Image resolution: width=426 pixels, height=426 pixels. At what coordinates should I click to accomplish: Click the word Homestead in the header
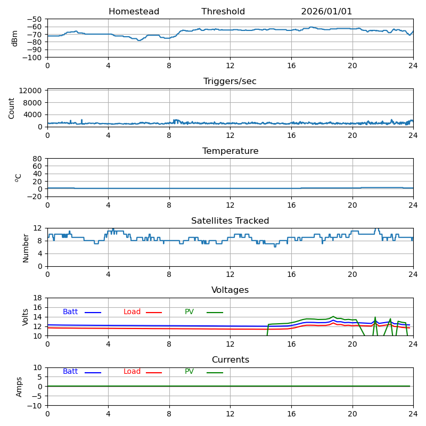pos(134,12)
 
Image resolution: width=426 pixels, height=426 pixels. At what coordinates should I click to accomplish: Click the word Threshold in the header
pos(223,12)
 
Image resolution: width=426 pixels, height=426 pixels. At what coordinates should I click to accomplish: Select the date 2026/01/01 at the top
pos(326,12)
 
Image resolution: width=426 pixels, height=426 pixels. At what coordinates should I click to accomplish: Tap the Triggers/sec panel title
pos(230,81)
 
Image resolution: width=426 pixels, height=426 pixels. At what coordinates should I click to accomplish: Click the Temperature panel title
pos(230,151)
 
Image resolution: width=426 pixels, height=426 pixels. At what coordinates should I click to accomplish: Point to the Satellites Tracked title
pos(230,221)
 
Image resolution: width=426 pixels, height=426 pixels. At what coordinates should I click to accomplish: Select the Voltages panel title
pos(230,290)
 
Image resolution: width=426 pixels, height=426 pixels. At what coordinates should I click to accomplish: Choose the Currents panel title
pos(230,360)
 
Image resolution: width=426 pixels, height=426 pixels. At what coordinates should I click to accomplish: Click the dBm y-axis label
pos(15,38)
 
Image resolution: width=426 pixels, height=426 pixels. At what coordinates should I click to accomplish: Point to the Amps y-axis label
pos(19,387)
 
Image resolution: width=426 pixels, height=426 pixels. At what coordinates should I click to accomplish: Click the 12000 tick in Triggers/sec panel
pos(31,91)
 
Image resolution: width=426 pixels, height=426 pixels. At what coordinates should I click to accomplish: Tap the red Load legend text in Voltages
pos(132,312)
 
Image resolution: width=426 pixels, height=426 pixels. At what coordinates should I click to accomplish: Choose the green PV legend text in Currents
pos(189,372)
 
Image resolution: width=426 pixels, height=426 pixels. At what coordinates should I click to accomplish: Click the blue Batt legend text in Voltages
pos(70,312)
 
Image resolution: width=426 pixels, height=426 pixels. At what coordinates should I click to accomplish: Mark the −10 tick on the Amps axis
pos(35,406)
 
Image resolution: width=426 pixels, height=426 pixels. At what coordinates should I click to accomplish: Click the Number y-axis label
pos(26,248)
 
